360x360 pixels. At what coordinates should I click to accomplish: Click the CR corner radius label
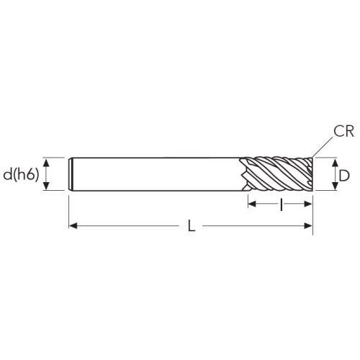343,132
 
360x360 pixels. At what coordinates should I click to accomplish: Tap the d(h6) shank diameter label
21,174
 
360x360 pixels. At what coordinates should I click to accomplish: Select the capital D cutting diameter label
344,176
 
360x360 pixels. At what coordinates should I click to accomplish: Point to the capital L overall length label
192,226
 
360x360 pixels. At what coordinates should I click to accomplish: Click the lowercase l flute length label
282,204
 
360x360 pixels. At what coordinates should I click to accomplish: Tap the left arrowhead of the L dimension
73,225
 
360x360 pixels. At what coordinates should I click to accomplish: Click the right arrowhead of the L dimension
308,225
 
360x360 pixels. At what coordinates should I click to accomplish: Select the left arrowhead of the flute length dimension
252,204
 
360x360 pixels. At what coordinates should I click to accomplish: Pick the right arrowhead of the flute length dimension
308,204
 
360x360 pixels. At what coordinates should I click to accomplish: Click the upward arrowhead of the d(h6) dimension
46,163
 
